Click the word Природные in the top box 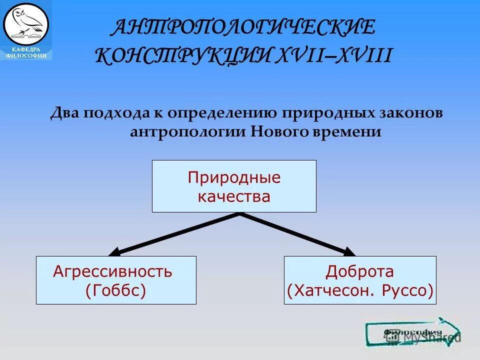pos(234,177)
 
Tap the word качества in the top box pos(234,196)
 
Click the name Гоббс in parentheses pos(115,290)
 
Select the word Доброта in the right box pos(359,272)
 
